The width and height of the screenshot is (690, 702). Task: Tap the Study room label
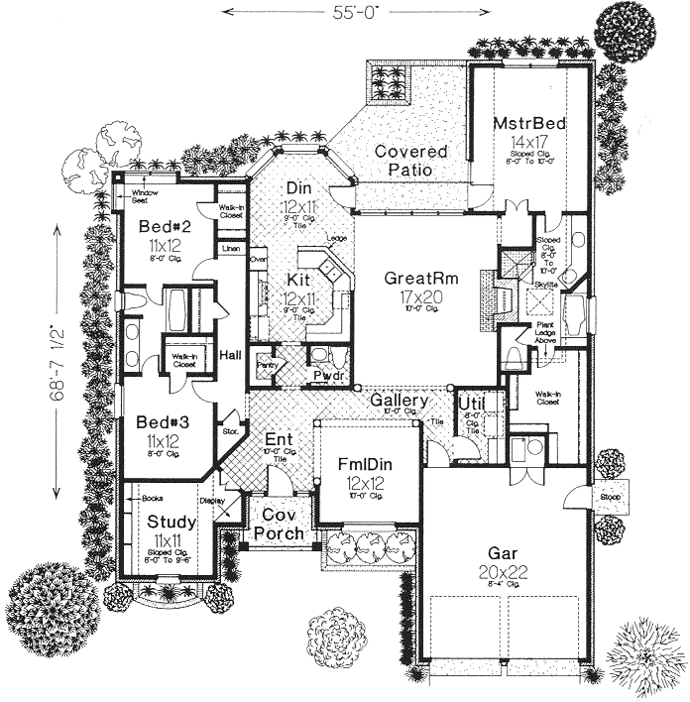pyautogui.click(x=171, y=522)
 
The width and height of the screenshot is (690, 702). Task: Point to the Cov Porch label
pyautogui.click(x=273, y=526)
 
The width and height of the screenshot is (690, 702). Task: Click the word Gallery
pyautogui.click(x=399, y=401)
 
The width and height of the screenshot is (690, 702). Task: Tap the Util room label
pyautogui.click(x=471, y=403)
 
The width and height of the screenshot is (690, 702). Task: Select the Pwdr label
pyautogui.click(x=327, y=376)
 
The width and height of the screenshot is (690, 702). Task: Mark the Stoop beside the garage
pyautogui.click(x=607, y=497)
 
